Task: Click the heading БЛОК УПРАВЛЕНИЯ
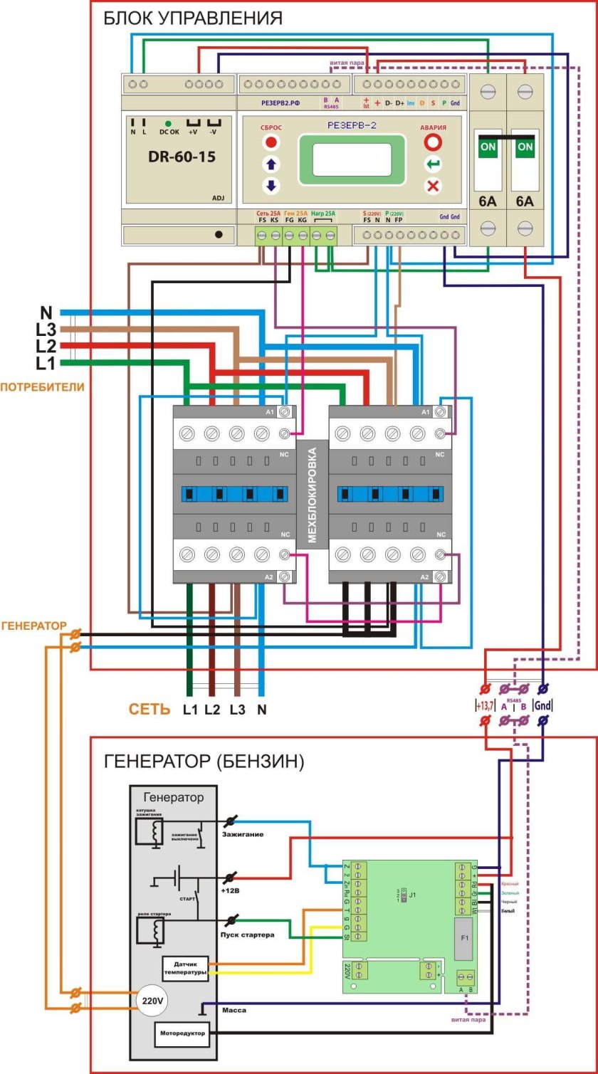coord(193,18)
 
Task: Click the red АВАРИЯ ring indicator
coord(433,142)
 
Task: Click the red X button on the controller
coord(433,186)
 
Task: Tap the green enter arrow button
coord(433,165)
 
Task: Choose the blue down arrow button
coord(271,186)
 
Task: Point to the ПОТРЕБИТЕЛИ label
coord(42,387)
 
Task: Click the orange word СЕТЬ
coord(149,710)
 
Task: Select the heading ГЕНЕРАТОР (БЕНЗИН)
coord(204,762)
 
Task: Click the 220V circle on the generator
coord(152,1001)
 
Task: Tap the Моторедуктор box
coord(183,1034)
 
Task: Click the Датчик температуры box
coord(185,968)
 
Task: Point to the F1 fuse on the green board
coord(465,938)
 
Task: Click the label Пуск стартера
coord(248,935)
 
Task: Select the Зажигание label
coord(243,833)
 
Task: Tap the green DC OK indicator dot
coord(168,123)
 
